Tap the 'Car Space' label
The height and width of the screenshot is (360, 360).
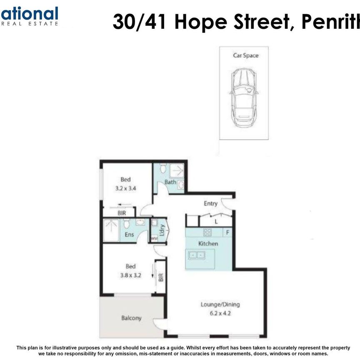(x=245, y=55)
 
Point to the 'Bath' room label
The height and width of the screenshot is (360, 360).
(x=170, y=182)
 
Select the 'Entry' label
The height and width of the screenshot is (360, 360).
(x=210, y=203)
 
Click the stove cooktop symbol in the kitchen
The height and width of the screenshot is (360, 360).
(x=207, y=232)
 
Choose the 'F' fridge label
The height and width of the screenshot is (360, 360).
(x=227, y=232)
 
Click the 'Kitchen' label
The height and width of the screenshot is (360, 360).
(x=208, y=243)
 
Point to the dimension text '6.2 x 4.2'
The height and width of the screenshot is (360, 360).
(x=220, y=312)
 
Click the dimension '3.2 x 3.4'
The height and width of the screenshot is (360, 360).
(x=125, y=188)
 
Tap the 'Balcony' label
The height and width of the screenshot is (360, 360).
(x=131, y=318)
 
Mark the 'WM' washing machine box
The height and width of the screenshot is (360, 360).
(x=154, y=239)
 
